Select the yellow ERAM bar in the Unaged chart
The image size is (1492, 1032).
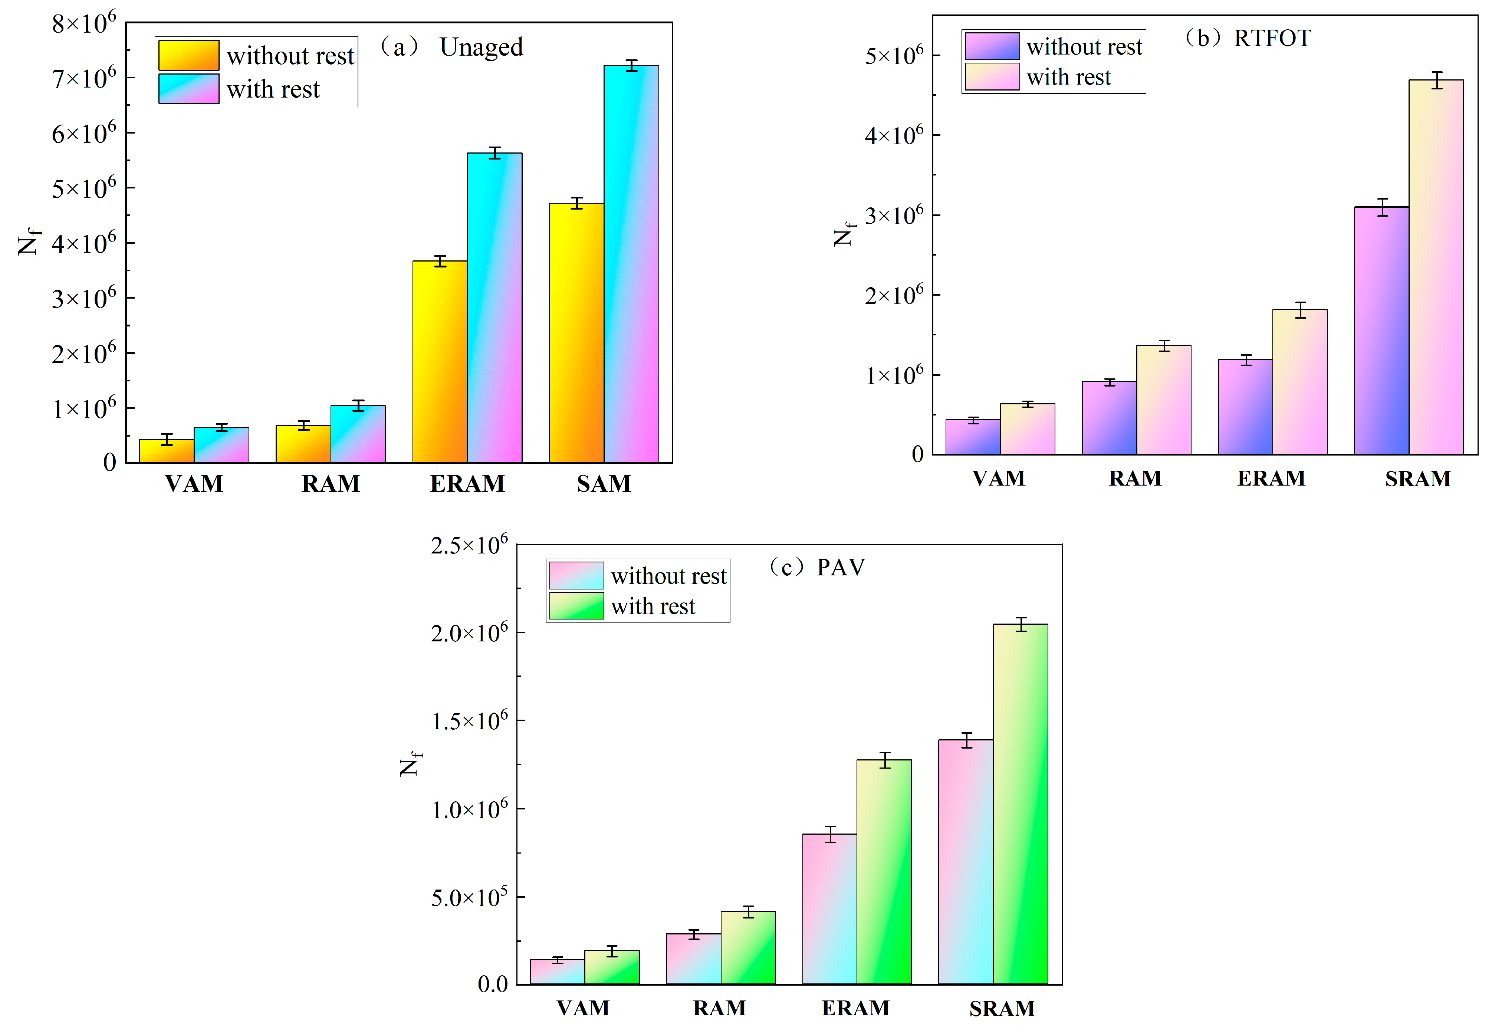(440, 362)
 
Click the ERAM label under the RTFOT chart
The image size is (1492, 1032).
(1271, 479)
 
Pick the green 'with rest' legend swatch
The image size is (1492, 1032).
(576, 606)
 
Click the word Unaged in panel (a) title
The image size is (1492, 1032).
(481, 47)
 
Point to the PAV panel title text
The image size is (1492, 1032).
(840, 567)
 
